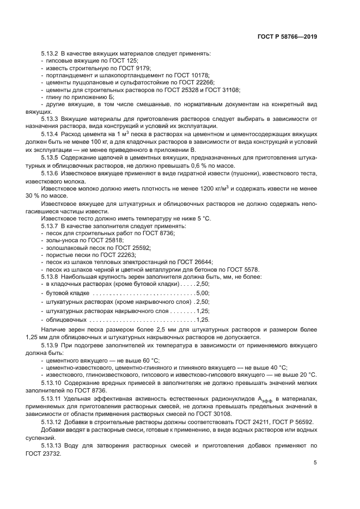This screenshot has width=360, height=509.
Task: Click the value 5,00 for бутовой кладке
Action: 202,293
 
